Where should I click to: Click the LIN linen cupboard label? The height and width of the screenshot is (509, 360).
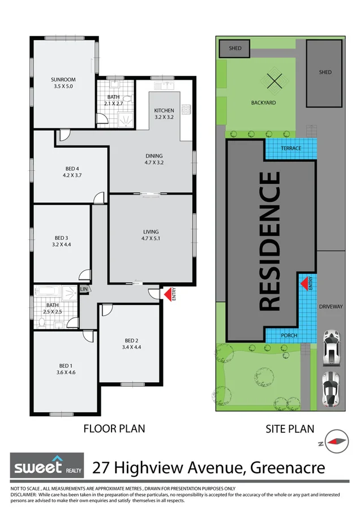click(x=84, y=289)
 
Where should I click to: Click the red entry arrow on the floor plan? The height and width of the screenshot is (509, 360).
click(x=168, y=294)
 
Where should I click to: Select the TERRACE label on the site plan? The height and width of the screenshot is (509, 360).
click(x=290, y=148)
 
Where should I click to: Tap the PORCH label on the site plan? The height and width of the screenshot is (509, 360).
click(x=289, y=335)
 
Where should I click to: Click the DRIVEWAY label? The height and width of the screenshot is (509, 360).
click(x=331, y=307)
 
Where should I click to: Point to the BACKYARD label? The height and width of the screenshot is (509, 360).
click(x=263, y=103)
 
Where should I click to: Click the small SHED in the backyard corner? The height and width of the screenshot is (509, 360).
click(x=235, y=49)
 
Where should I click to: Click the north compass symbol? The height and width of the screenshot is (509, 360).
click(x=338, y=442)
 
